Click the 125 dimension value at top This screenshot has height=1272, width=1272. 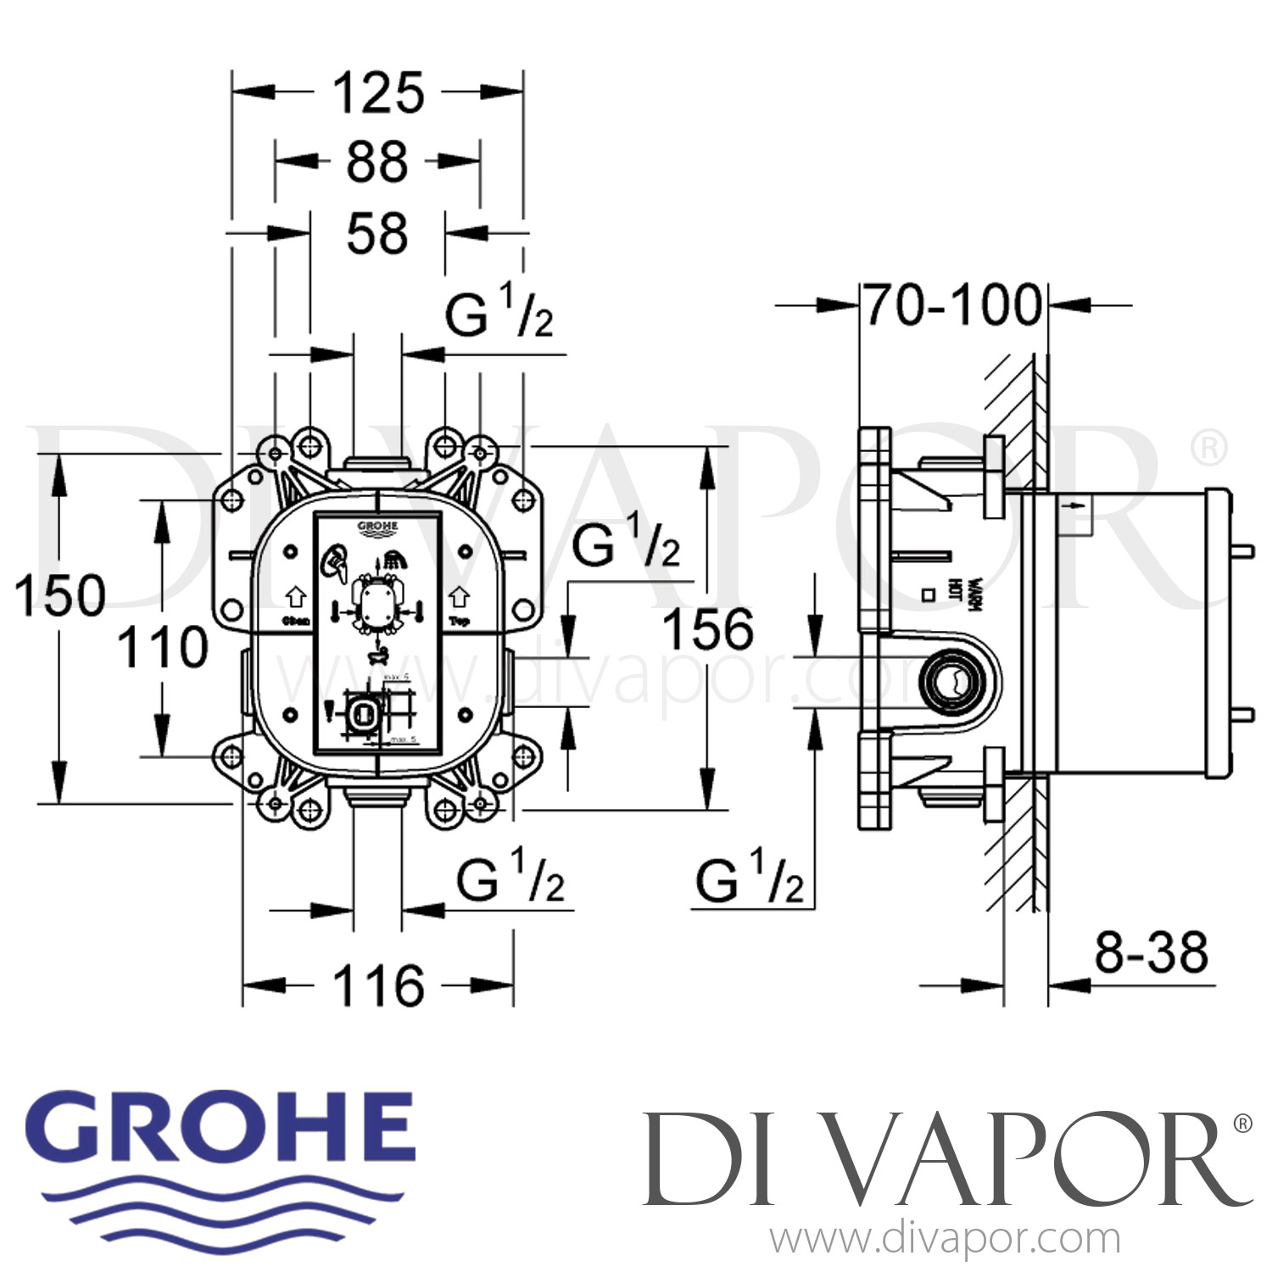pyautogui.click(x=377, y=93)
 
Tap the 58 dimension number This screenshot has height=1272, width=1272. pyautogui.click(x=377, y=234)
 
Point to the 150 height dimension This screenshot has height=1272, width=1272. pyautogui.click(x=59, y=595)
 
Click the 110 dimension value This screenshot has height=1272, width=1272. pyautogui.click(x=162, y=648)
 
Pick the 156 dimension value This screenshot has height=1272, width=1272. pyautogui.click(x=707, y=629)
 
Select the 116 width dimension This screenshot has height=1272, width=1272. pyautogui.click(x=377, y=986)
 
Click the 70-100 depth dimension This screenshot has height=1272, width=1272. pyautogui.click(x=953, y=305)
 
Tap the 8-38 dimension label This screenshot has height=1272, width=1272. pyautogui.click(x=1151, y=952)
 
